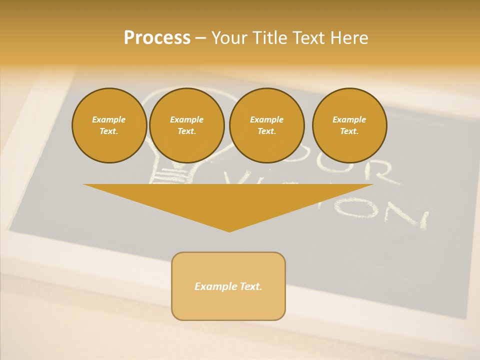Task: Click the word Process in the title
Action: (157, 38)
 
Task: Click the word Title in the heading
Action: (268, 38)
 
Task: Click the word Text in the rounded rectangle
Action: (251, 286)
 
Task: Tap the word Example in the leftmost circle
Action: (109, 119)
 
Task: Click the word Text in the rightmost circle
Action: (349, 131)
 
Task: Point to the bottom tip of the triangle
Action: (229, 231)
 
